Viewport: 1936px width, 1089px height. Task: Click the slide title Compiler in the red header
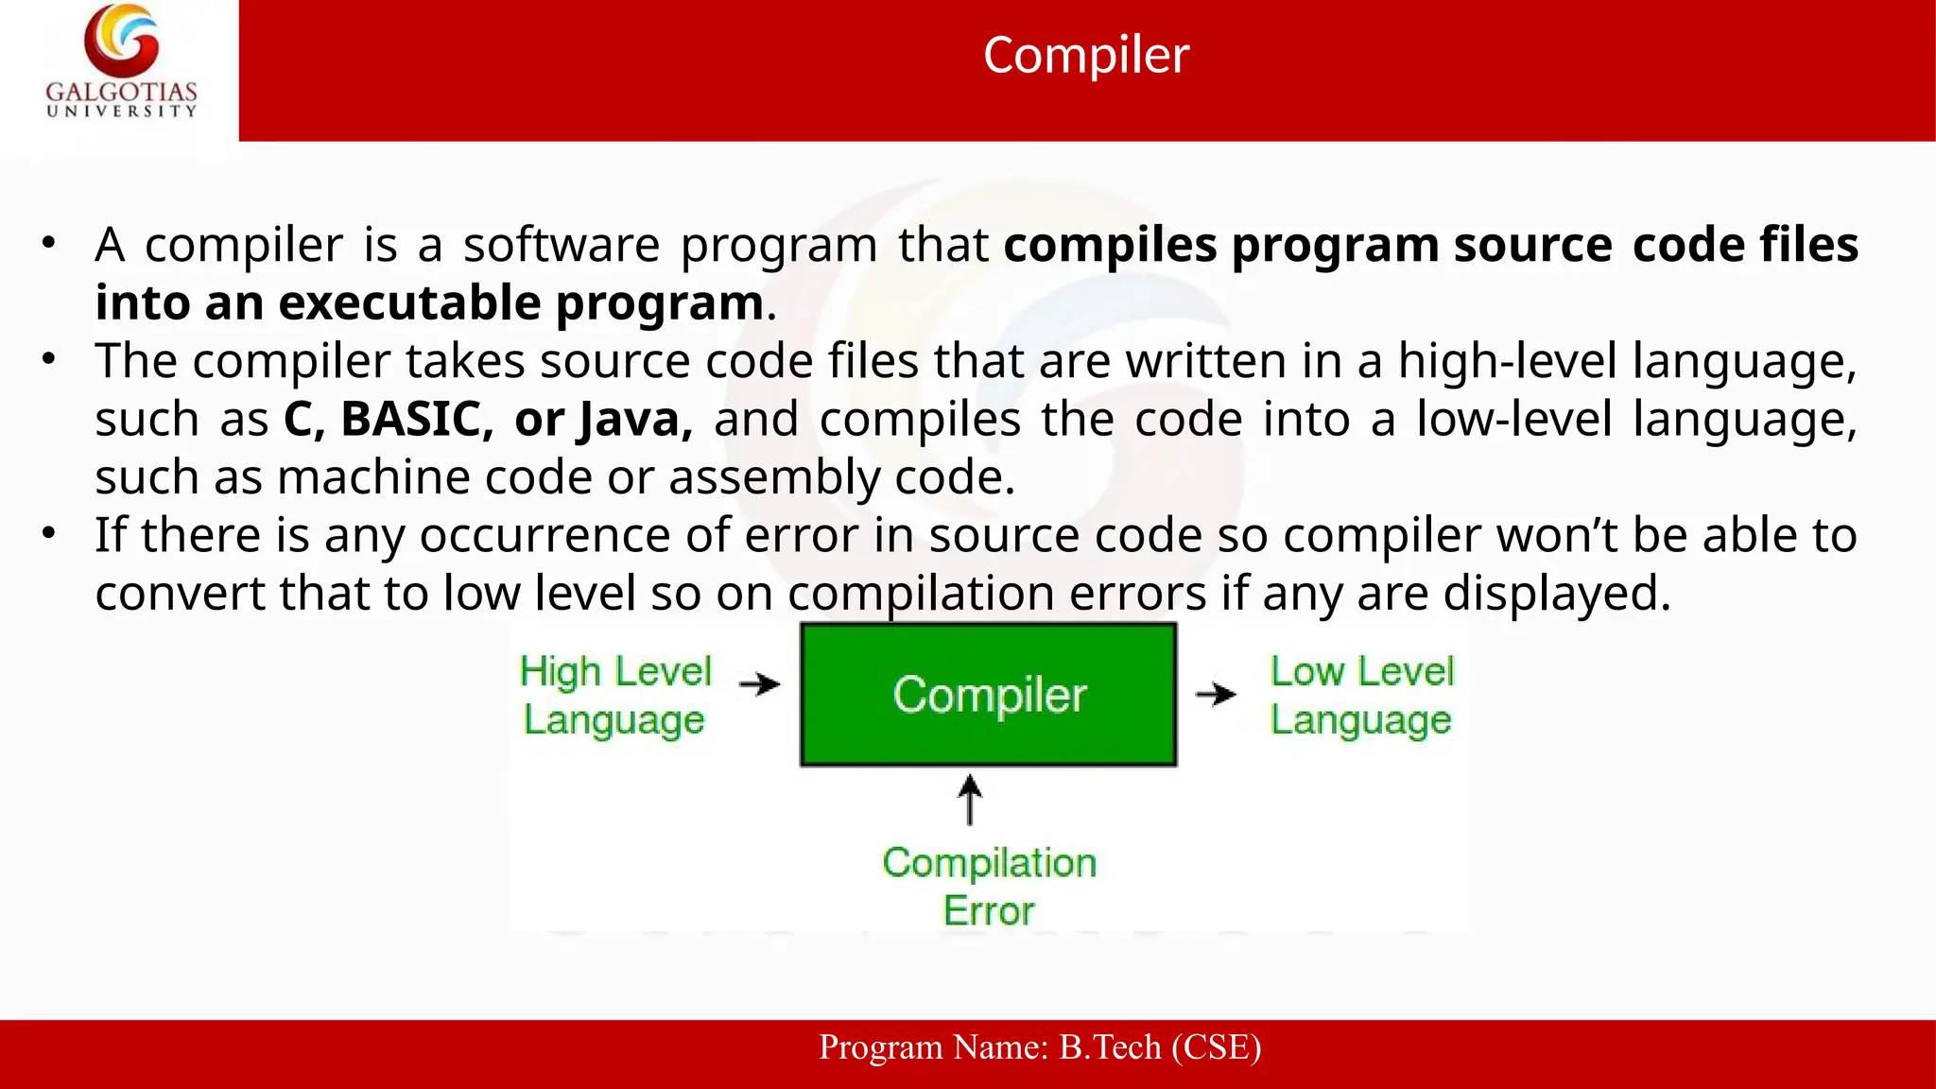click(x=1085, y=55)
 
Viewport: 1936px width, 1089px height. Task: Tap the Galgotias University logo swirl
click(x=121, y=40)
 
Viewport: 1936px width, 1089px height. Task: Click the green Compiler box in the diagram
click(x=989, y=694)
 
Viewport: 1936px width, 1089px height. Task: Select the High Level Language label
click(x=615, y=695)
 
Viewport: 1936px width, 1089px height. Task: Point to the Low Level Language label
click(x=1361, y=695)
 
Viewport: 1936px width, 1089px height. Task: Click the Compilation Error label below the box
click(x=989, y=886)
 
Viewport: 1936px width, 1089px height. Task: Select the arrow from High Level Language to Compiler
click(x=760, y=683)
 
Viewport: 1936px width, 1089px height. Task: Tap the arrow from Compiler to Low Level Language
click(x=1216, y=694)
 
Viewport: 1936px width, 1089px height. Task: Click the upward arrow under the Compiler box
click(x=970, y=800)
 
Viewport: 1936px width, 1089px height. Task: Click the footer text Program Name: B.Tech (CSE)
click(x=1040, y=1047)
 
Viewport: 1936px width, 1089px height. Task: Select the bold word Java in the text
click(x=634, y=419)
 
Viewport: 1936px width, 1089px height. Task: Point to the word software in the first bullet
click(x=562, y=245)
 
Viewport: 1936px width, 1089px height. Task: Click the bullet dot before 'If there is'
click(x=49, y=533)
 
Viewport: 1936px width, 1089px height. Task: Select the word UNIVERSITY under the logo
click(x=122, y=112)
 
